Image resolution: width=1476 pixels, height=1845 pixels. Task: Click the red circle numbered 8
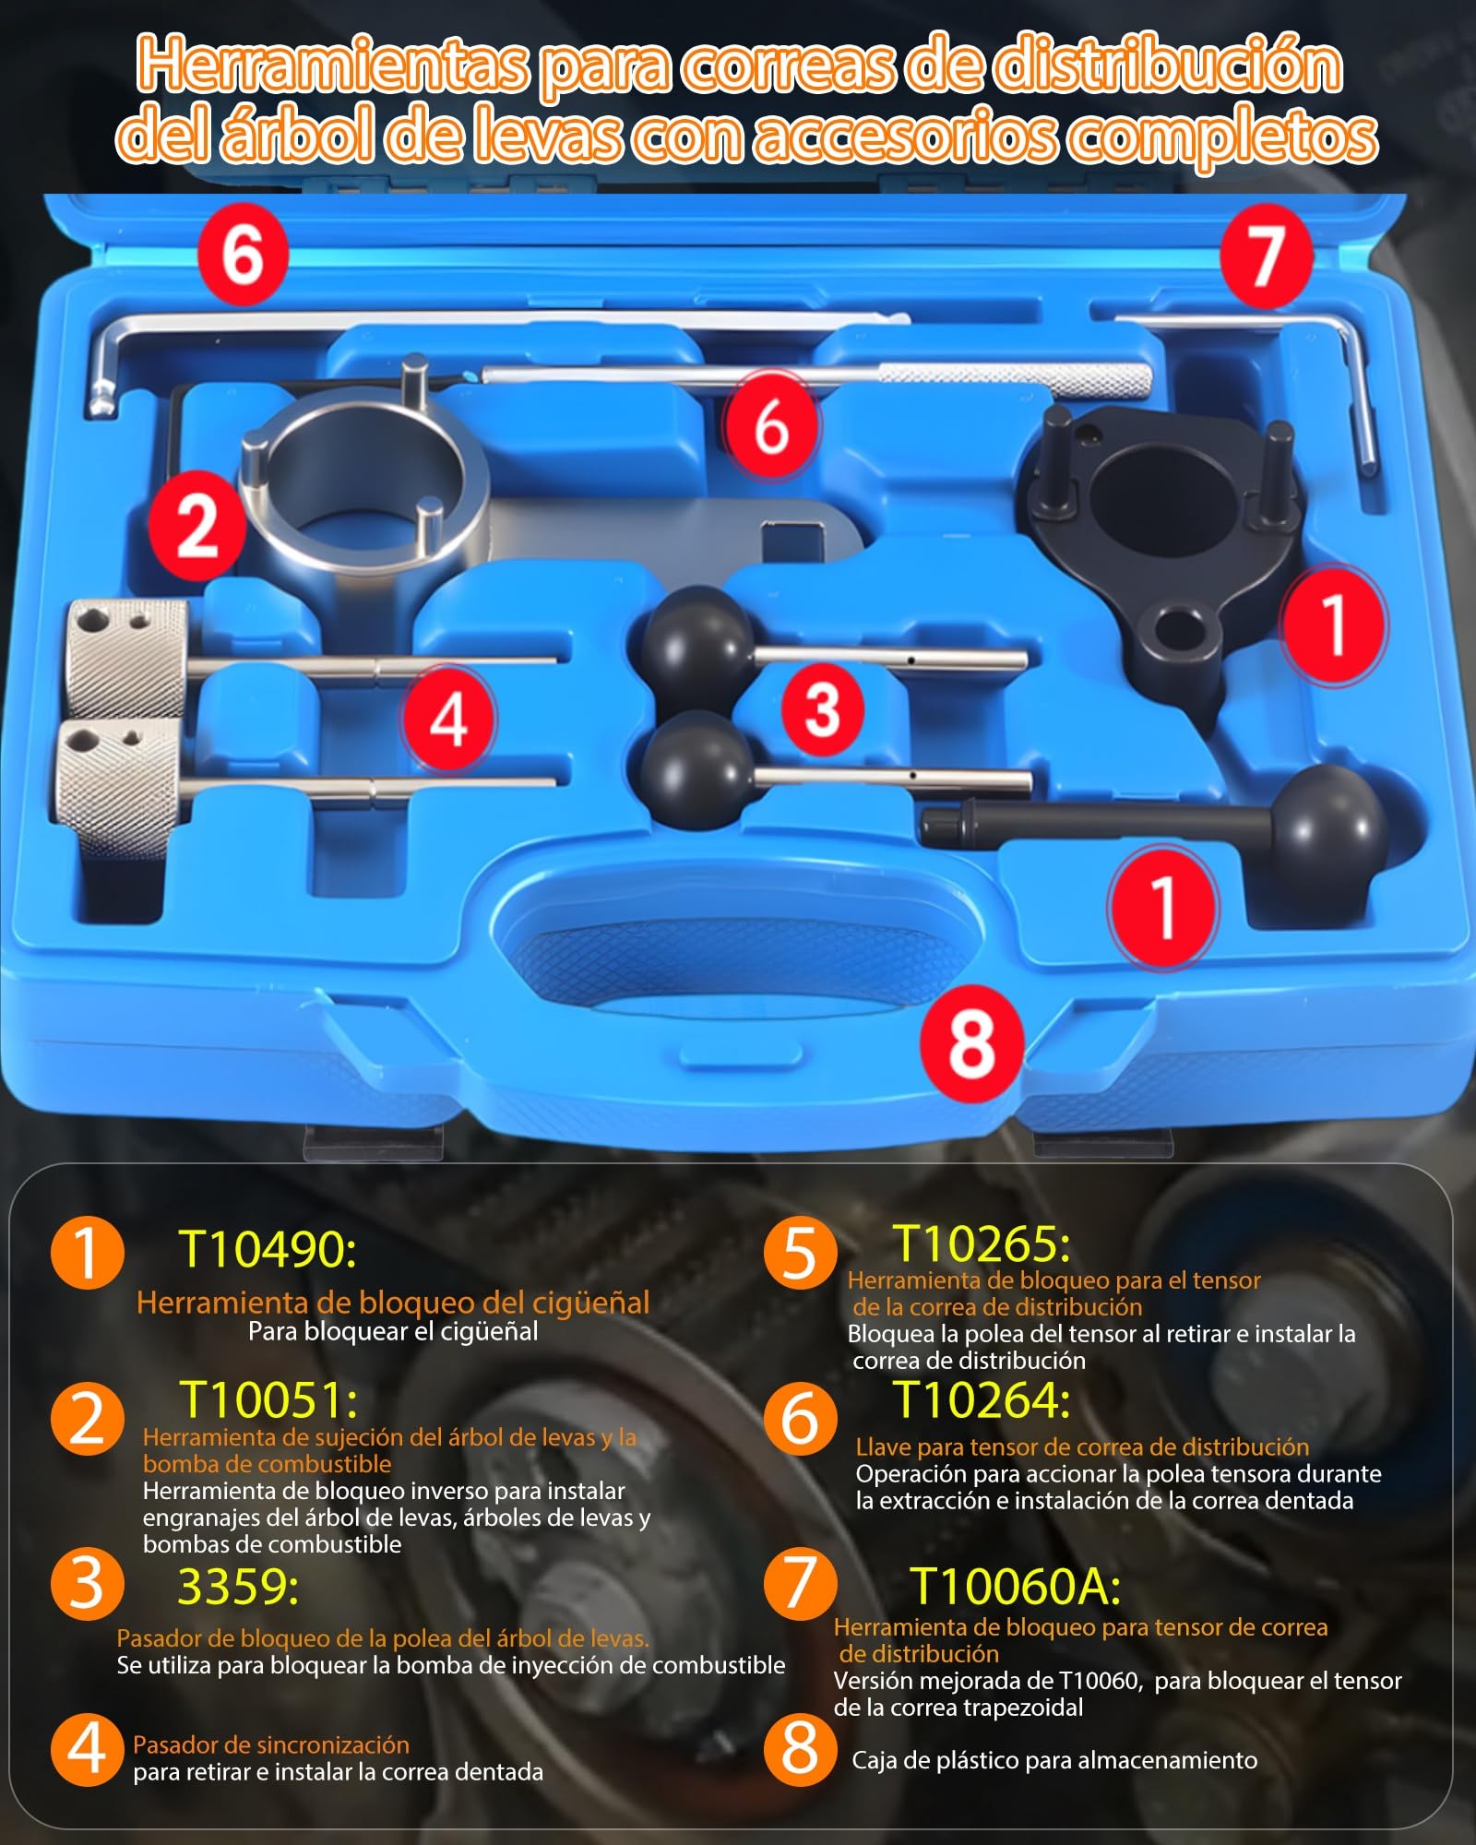[x=971, y=1042]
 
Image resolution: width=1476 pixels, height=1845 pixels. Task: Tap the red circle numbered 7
[x=1267, y=256]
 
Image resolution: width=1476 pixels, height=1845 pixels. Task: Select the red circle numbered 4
[x=448, y=720]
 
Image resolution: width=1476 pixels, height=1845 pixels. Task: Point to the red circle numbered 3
[x=822, y=708]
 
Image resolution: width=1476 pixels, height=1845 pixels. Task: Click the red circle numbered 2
[x=197, y=525]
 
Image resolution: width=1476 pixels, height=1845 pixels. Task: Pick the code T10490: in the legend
[x=268, y=1249]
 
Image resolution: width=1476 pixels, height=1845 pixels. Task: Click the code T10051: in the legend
[x=268, y=1399]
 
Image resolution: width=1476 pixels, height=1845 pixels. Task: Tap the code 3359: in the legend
[x=238, y=1587]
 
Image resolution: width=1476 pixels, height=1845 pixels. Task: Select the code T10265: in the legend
[x=982, y=1244]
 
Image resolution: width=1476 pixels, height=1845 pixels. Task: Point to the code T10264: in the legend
[x=982, y=1399]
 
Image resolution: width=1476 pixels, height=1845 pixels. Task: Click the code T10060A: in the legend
[x=1015, y=1587]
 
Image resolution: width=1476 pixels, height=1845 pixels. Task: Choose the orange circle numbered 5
[x=801, y=1253]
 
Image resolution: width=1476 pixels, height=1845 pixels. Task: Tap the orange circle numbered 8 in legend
[x=801, y=1749]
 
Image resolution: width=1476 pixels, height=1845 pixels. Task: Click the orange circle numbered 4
[x=88, y=1749]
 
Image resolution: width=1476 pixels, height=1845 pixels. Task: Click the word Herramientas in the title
[x=333, y=66]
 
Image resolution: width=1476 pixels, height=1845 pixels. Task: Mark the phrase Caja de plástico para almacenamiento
[x=1054, y=1760]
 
